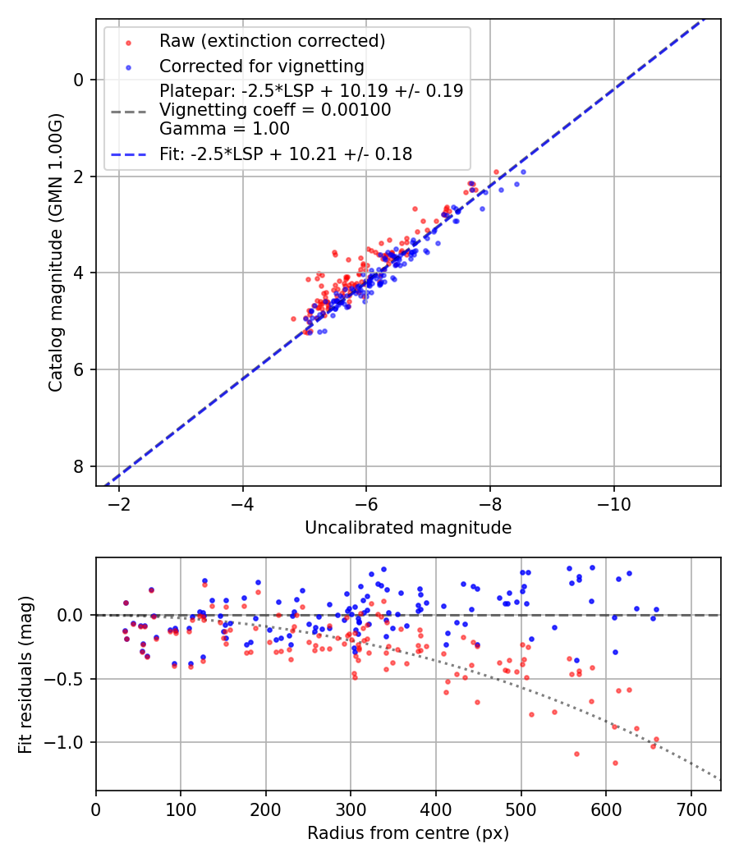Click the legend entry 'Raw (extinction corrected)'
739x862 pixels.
(272, 41)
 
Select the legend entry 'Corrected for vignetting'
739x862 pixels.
(261, 66)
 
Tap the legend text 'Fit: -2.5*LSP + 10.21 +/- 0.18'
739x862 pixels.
(286, 154)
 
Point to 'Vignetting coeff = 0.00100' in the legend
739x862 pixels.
(275, 110)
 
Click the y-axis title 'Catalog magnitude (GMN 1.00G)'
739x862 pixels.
(55, 252)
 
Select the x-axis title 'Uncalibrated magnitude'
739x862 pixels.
(408, 528)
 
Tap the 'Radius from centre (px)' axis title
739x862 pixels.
(408, 833)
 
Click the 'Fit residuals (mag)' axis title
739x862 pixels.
(25, 674)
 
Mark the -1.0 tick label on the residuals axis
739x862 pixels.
(69, 742)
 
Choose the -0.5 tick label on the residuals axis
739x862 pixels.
(69, 679)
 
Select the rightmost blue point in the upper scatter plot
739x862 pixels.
(523, 172)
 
